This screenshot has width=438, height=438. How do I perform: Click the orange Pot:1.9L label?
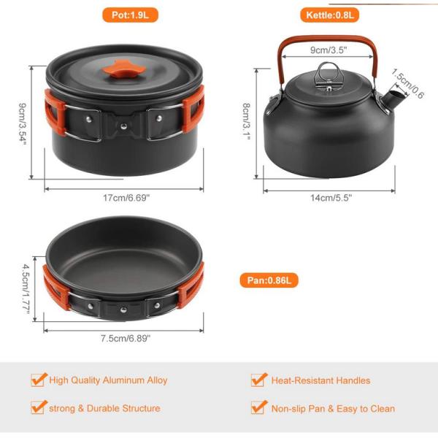(x=128, y=15)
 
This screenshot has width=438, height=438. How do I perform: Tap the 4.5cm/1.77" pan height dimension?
(x=27, y=288)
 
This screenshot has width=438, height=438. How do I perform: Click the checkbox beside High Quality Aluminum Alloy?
(x=39, y=380)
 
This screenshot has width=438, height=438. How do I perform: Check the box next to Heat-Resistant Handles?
(x=258, y=380)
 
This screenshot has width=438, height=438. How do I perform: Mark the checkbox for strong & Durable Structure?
(x=39, y=407)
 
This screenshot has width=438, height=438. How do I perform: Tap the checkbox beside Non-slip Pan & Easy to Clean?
(x=258, y=407)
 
